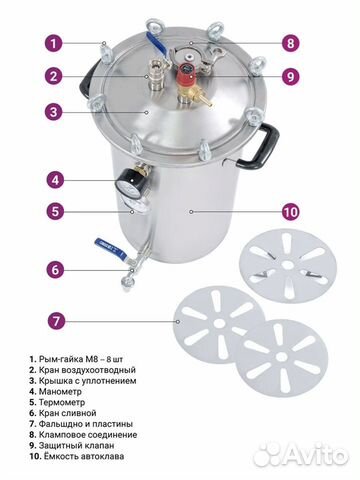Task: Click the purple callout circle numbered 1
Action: coord(54,43)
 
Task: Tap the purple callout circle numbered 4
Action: coord(55,180)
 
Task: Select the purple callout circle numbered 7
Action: coord(55,321)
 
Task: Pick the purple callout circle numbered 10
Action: coord(290,212)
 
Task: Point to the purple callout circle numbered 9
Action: coord(290,77)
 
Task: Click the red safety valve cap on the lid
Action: coord(188,74)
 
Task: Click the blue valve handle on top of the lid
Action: coord(156,42)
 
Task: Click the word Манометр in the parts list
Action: coord(60,391)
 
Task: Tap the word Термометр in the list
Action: coord(62,402)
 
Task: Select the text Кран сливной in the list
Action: coord(68,413)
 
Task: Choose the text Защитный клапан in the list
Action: coord(77,445)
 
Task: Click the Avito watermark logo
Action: coord(301,454)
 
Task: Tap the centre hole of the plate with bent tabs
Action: coord(286,265)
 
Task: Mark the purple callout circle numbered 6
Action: coord(55,270)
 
